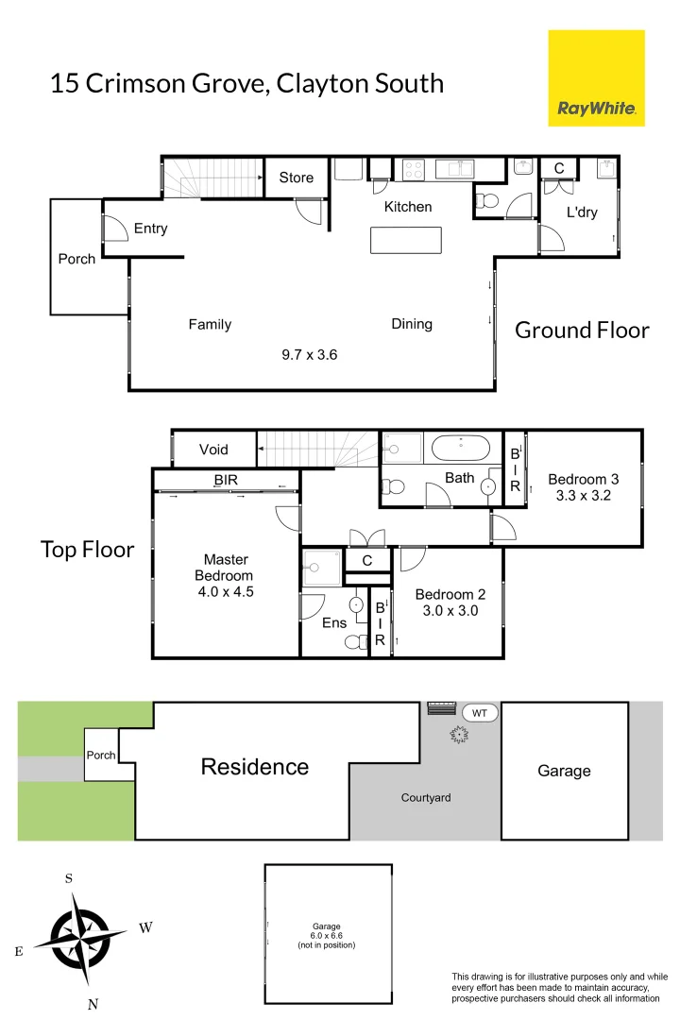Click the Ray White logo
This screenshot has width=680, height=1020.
[596, 77]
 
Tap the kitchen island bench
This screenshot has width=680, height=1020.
[406, 240]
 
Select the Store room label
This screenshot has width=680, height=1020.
[297, 178]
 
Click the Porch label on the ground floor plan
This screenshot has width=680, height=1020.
[76, 259]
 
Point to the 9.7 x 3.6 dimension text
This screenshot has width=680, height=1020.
[309, 355]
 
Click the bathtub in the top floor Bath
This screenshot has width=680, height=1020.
[459, 446]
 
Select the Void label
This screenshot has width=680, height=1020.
[213, 450]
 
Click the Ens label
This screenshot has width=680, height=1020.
[334, 622]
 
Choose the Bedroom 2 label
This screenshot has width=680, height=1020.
[450, 594]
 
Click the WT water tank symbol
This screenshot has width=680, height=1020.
[480, 713]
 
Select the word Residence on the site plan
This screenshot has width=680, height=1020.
[255, 766]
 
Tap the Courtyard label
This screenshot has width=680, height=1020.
[426, 798]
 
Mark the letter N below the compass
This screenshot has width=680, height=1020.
[93, 1005]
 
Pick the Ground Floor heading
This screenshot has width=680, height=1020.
[582, 330]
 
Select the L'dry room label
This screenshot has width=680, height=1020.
[582, 212]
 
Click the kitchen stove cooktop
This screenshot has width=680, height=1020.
[414, 169]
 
